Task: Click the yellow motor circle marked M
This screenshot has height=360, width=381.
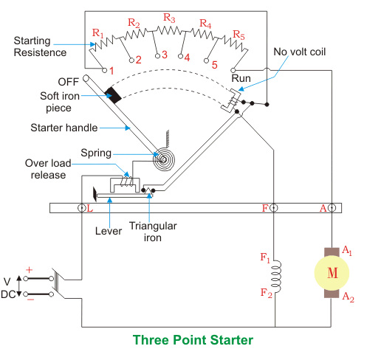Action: pyautogui.click(x=332, y=273)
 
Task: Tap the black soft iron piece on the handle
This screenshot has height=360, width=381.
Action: pyautogui.click(x=113, y=95)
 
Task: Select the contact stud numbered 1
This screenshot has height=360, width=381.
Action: pyautogui.click(x=104, y=71)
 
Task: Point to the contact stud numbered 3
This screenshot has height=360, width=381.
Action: pyautogui.click(x=157, y=56)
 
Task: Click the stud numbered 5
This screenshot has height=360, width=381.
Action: pyautogui.click(x=207, y=60)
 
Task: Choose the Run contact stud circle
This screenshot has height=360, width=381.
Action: pyautogui.click(x=233, y=71)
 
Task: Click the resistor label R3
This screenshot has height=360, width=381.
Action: pyautogui.click(x=169, y=18)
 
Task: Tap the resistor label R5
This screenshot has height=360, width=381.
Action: pyautogui.click(x=238, y=35)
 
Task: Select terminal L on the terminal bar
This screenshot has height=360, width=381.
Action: pyautogui.click(x=81, y=208)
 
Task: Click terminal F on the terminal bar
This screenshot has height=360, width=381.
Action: pyautogui.click(x=273, y=208)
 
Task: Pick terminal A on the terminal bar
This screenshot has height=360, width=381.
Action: pyautogui.click(x=332, y=208)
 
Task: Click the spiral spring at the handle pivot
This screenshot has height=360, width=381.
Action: pyautogui.click(x=164, y=159)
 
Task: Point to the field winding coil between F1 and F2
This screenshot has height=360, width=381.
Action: pyautogui.click(x=276, y=276)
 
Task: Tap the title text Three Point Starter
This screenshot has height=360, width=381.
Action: pyautogui.click(x=193, y=340)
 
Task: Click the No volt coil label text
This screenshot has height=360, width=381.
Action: pyautogui.click(x=300, y=52)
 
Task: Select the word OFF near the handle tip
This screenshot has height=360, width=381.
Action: pyautogui.click(x=68, y=82)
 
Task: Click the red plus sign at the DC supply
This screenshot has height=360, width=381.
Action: pyautogui.click(x=29, y=270)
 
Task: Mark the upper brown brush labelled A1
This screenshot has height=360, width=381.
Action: pyautogui.click(x=332, y=252)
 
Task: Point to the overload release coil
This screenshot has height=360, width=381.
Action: pyautogui.click(x=126, y=181)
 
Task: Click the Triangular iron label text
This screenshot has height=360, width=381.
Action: pyautogui.click(x=153, y=232)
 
